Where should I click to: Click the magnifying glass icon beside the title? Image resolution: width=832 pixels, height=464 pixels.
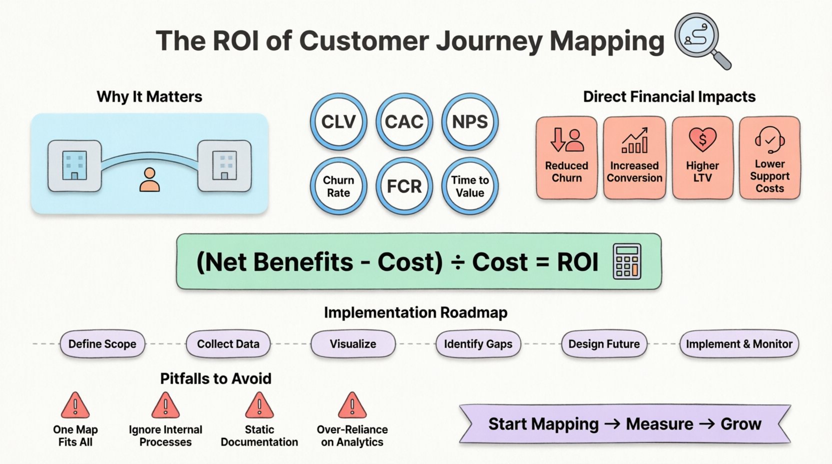pos(700,39)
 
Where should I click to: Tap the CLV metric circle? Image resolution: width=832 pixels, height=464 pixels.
pos(338,122)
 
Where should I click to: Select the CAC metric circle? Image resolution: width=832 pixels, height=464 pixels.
pos(404,122)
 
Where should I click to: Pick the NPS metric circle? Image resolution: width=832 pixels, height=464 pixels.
pos(469,122)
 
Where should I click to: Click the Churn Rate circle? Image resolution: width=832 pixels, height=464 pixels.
pos(338,186)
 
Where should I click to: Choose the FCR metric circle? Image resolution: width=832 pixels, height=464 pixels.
pos(404,186)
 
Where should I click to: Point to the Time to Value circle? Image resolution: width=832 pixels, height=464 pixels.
pos(469,186)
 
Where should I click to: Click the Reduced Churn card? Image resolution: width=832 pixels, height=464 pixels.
pos(566,158)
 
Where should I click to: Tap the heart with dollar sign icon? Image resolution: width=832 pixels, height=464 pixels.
pos(702,140)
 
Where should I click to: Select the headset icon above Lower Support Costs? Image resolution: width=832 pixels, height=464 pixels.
pos(769,140)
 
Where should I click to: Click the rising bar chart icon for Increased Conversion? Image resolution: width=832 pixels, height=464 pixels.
pos(634,140)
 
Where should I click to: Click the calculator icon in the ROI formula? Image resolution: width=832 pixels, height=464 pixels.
pos(627,261)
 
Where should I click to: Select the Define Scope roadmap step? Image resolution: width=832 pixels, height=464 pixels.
pos(102,344)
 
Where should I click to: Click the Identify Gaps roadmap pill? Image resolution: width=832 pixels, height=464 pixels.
pos(478,344)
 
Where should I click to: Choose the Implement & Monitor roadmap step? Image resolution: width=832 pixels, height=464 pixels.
pos(738,344)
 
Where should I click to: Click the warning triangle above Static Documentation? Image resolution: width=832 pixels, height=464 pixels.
pos(259,405)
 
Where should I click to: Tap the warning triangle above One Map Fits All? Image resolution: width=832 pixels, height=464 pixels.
pos(75,405)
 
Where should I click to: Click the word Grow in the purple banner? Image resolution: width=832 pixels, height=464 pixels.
pos(740,424)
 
